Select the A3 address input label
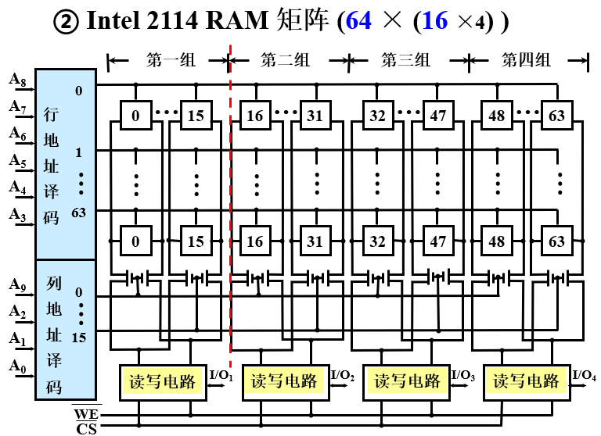16,213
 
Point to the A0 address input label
16,365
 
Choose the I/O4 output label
584,375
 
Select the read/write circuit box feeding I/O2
284,381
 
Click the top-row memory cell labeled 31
315,116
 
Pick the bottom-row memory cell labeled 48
497,241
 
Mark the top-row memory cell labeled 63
556,116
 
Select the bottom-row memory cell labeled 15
196,241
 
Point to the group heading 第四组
527,59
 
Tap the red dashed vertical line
231,195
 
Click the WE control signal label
85,413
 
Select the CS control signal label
85,427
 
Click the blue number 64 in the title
358,21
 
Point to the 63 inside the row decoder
78,213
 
